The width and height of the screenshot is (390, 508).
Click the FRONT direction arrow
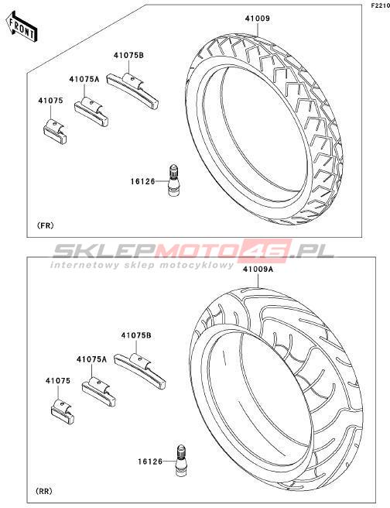[22, 26]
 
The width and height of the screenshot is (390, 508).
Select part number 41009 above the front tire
[257, 19]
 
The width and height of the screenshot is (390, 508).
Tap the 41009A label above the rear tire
[258, 269]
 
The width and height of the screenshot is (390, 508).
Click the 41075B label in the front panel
[128, 56]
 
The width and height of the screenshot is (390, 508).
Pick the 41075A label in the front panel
[84, 79]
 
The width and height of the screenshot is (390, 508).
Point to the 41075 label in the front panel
[50, 101]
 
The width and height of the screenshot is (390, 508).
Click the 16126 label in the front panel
[142, 181]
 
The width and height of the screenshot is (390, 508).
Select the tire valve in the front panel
[174, 180]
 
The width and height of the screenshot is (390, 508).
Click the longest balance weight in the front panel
[132, 91]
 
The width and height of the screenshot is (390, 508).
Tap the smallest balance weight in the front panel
[55, 132]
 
